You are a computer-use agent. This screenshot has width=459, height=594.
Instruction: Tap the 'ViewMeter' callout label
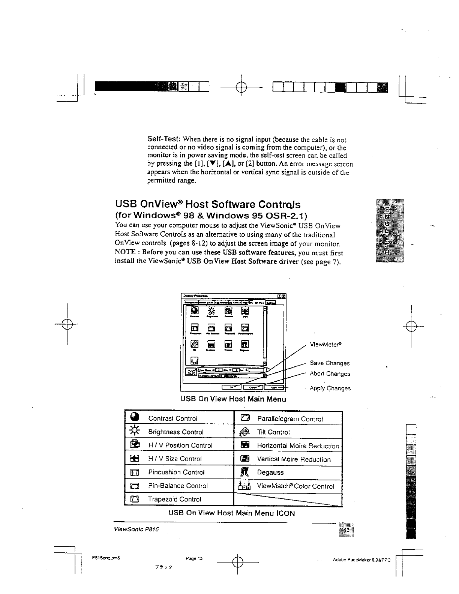tap(325, 344)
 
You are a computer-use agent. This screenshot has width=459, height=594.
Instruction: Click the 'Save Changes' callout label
tap(330, 363)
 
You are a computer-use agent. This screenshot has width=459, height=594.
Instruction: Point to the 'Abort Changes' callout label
tap(330, 373)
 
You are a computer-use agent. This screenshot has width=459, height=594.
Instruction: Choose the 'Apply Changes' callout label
tap(330, 388)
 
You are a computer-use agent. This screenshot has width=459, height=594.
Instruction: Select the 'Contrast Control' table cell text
tap(173, 418)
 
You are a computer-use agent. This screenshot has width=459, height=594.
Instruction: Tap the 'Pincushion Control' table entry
tap(176, 472)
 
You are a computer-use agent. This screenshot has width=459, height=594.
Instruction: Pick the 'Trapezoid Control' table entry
tap(175, 499)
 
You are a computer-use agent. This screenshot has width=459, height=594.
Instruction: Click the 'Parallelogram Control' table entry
tap(290, 419)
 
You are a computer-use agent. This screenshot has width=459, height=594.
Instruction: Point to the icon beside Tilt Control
tap(244, 432)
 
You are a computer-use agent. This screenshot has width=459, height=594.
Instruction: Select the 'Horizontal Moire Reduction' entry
tap(298, 446)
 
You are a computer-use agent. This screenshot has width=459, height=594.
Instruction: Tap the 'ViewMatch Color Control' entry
tap(295, 486)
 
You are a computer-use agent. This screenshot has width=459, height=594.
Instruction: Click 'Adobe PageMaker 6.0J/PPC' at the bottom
tap(362, 560)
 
